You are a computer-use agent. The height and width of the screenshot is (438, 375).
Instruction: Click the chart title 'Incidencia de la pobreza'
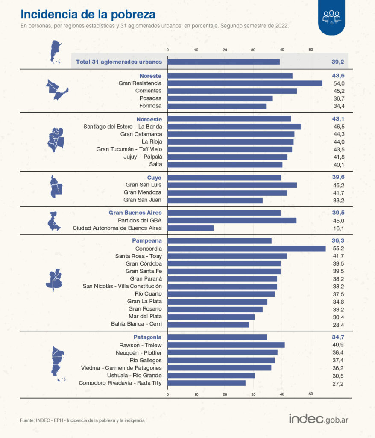88,15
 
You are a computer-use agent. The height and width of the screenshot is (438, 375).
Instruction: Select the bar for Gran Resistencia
245,83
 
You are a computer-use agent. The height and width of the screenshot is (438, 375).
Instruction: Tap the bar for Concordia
246,249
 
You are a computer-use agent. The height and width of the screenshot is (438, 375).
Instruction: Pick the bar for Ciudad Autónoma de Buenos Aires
190,228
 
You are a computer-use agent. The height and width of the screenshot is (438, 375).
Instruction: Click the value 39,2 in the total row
337,62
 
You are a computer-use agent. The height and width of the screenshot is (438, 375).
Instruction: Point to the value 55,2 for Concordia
337,249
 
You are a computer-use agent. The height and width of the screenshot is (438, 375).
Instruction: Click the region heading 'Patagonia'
147,337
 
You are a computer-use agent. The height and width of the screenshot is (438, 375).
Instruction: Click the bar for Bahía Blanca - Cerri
208,324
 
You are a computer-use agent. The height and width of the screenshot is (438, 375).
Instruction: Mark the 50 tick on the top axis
311,50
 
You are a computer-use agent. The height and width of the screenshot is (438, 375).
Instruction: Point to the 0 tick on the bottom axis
167,394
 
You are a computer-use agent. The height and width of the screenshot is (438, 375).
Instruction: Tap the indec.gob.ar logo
319,419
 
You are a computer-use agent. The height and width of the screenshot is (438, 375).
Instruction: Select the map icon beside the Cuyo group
56,187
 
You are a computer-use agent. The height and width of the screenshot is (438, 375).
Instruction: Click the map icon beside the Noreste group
56,89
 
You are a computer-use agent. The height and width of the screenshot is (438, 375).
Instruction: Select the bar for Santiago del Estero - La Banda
234,127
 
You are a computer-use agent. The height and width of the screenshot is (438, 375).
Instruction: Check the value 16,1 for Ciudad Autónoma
337,228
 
